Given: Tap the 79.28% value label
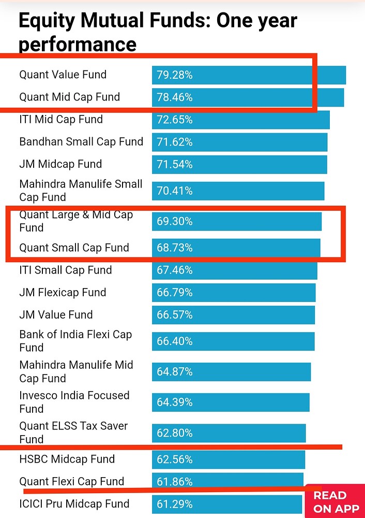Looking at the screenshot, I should tap(175, 75).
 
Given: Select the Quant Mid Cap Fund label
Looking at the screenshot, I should tap(69, 97).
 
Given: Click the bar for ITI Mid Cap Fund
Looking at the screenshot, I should tap(240, 120).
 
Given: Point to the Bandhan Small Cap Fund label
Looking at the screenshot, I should tap(81, 141).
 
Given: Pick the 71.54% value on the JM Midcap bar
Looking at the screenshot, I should tap(175, 164).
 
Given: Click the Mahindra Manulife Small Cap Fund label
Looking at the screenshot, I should tap(81, 190).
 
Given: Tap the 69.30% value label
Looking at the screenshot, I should tap(175, 221).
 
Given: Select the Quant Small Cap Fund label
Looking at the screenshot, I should tap(74, 248).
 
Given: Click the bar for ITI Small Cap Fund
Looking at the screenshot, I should tap(234, 270).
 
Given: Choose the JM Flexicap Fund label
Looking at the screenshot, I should tap(63, 293).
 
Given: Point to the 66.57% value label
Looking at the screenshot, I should tap(175, 315).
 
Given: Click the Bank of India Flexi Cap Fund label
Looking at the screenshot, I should tap(75, 341).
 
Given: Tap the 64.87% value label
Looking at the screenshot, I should tap(175, 372).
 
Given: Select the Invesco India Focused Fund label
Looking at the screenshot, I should tap(74, 402).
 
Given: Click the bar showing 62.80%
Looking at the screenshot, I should tap(229, 433).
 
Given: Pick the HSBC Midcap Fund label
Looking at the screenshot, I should tap(67, 459).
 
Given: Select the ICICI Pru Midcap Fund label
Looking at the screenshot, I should tap(74, 503).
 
